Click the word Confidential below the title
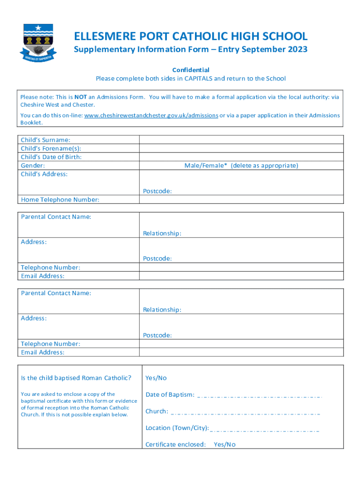pyautogui.click(x=191, y=70)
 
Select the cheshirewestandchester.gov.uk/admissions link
pyautogui.click(x=151, y=115)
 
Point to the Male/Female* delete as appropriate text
pyautogui.click(x=241, y=166)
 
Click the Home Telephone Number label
pyautogui.click(x=60, y=200)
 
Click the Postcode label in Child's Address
pyautogui.click(x=157, y=191)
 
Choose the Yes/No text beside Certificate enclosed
pyautogui.click(x=224, y=444)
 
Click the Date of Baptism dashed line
pyautogui.click(x=260, y=397)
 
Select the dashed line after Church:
pyautogui.click(x=246, y=414)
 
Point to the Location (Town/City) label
pyautogui.click(x=177, y=428)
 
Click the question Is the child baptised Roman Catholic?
pyautogui.click(x=76, y=378)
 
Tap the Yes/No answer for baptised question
pyautogui.click(x=156, y=378)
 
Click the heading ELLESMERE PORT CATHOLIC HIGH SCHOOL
pyautogui.click(x=191, y=36)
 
